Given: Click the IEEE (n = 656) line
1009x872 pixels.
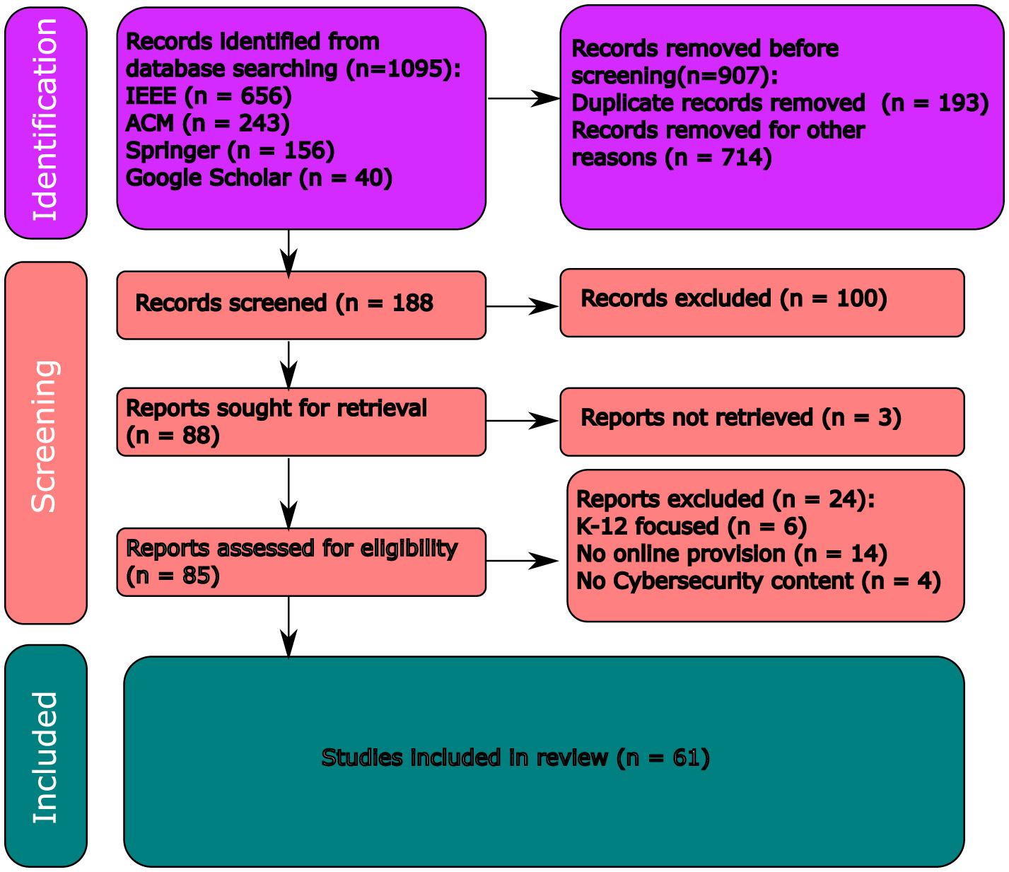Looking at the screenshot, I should point(208,96).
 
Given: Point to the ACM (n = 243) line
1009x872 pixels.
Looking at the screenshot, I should point(207,124).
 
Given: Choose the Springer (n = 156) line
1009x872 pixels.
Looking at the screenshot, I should point(230,151).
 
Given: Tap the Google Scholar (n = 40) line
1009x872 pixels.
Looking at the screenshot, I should point(259,178).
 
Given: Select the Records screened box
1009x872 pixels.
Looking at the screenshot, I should point(301,305).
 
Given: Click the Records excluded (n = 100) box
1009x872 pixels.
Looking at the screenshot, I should point(762,302).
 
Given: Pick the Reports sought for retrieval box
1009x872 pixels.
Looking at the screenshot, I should point(301,422).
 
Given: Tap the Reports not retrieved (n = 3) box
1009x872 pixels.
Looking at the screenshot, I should point(762,422).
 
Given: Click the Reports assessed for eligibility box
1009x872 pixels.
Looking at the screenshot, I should point(301,562).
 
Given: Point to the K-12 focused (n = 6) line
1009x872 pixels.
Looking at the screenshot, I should point(691,527).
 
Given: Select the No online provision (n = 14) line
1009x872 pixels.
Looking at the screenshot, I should point(731,554).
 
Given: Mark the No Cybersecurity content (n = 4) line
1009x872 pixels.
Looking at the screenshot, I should point(758,581).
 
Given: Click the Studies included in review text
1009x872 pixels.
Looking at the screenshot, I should point(515,758).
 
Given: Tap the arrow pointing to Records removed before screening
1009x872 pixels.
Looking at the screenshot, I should point(523,99).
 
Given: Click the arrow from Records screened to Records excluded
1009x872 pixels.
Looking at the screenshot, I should point(523,306).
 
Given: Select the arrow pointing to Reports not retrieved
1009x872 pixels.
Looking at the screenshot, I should point(523,421).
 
